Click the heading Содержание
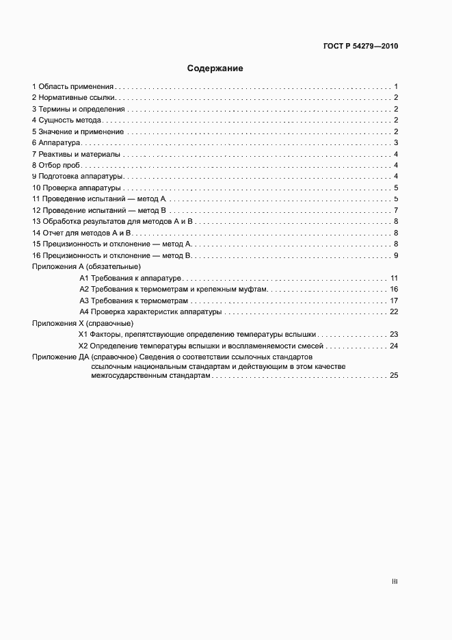coord(215,68)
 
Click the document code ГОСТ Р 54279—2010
coord(360,47)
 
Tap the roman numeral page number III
coord(395,581)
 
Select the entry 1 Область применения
coord(73,87)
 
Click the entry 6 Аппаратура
coord(57,142)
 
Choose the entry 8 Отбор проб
coord(57,165)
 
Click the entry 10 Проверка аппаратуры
coord(77,188)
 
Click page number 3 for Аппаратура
coord(396,142)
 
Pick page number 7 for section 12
coord(396,210)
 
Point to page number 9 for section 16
coord(396,255)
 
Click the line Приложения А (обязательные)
coord(86,266)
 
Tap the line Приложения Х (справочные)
coord(83,323)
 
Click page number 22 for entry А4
coord(394,311)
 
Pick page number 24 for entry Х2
coord(394,346)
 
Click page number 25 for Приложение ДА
coord(394,376)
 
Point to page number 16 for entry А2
coord(394,290)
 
